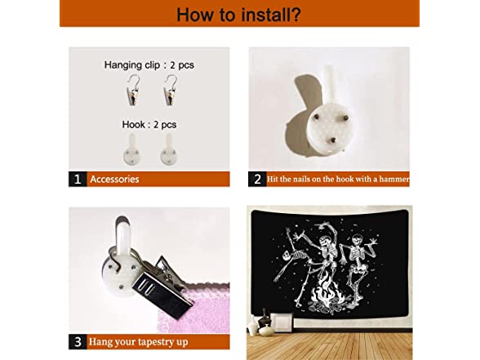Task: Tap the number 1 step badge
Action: [x=78, y=179]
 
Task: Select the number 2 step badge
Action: [x=257, y=179]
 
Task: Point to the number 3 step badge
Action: [x=78, y=341]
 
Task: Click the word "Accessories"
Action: [x=114, y=179]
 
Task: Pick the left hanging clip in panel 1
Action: [x=133, y=90]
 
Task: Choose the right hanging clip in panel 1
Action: [x=171, y=90]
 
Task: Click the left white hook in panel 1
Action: [x=132, y=150]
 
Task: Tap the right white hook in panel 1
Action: [x=169, y=150]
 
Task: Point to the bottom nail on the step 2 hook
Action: [x=333, y=140]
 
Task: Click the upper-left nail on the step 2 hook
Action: [x=316, y=117]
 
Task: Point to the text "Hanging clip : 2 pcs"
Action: [x=149, y=65]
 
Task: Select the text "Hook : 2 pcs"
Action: [x=149, y=125]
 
